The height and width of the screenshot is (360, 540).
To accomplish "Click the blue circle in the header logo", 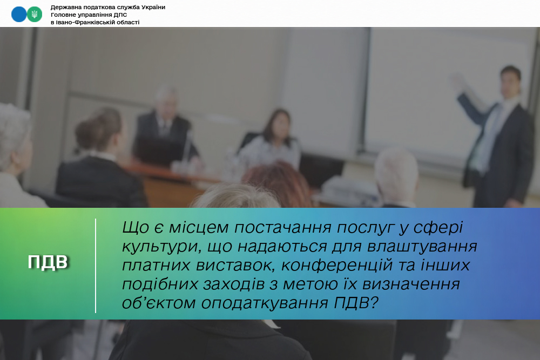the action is click(19, 15).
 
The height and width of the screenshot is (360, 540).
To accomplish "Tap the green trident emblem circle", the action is click(35, 15).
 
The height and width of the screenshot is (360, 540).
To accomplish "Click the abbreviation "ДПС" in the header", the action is click(120, 15).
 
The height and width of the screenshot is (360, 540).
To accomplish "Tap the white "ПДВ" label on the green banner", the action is click(48, 262).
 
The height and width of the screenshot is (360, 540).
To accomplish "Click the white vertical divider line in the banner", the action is click(96, 266).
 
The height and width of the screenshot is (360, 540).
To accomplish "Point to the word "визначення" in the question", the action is click(411, 284).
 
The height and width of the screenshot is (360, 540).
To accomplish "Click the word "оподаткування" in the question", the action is click(265, 303).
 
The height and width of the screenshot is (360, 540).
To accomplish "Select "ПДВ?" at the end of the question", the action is click(356, 303).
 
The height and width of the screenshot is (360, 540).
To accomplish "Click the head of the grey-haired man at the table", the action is click(166, 100).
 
